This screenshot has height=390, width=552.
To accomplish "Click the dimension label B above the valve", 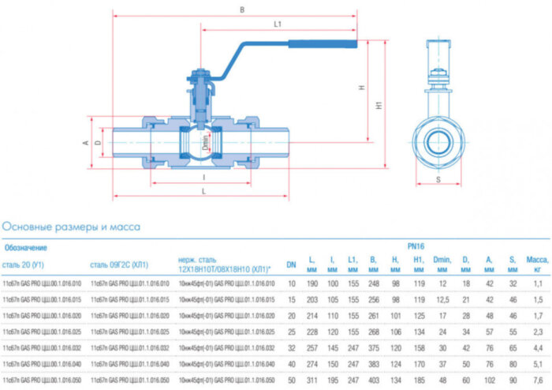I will pyautogui.click(x=243, y=9).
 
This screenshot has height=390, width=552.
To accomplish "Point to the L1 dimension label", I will pyautogui.click(x=278, y=24).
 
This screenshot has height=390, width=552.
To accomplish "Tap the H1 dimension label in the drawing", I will pyautogui.click(x=379, y=104).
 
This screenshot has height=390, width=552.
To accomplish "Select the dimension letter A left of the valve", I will pyautogui.click(x=84, y=143).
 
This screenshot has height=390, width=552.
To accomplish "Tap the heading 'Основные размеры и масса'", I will pyautogui.click(x=72, y=227).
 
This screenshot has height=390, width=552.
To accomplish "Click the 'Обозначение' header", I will pyautogui.click(x=24, y=247).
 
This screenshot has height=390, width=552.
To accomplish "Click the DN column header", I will pyautogui.click(x=291, y=264).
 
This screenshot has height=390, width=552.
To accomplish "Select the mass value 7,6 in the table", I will pyautogui.click(x=538, y=380).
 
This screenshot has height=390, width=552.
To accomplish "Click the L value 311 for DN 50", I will pyautogui.click(x=311, y=380).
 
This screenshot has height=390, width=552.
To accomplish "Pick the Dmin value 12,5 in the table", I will pyautogui.click(x=442, y=299).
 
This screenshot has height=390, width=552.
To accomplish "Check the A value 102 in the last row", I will pyautogui.click(x=489, y=380).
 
